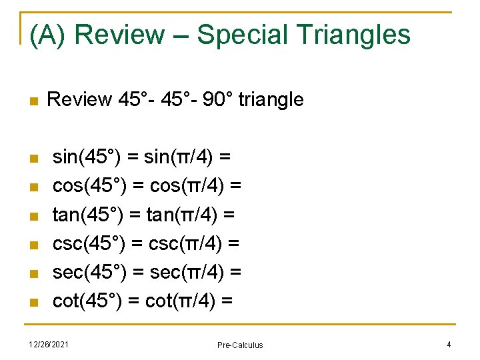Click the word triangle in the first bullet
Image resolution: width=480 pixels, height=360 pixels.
pyautogui.click(x=271, y=100)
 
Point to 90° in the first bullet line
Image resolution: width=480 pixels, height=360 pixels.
pyautogui.click(x=217, y=100)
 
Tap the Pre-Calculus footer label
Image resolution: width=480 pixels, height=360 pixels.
pyautogui.click(x=240, y=345)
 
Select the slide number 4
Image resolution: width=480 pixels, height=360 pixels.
pyautogui.click(x=449, y=344)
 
